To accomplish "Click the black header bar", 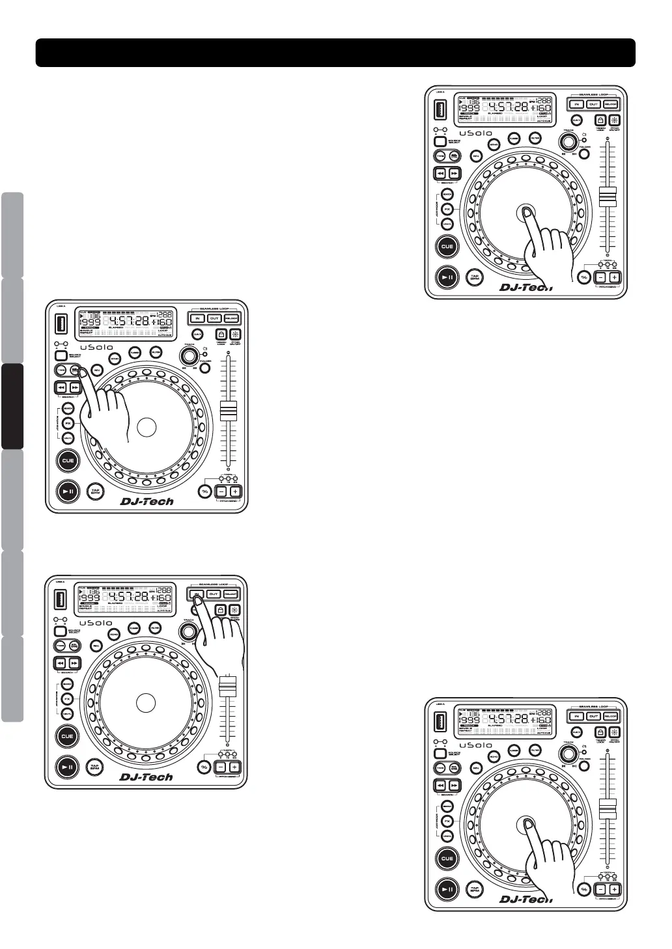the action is (335, 53).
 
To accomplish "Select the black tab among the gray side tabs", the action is (12, 406).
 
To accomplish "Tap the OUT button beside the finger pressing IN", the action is (214, 594).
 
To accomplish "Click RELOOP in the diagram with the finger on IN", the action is (231, 594).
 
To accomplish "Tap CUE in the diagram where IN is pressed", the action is (68, 736).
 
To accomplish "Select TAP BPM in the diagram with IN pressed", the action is (95, 767).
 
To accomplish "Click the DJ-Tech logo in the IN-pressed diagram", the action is (147, 777).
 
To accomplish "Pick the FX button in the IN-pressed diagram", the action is (68, 698).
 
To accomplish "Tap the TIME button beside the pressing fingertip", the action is (61, 370).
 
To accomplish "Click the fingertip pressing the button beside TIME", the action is (76, 372).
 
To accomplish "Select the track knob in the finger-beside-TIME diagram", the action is (189, 356).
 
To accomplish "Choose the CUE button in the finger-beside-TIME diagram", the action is (68, 461).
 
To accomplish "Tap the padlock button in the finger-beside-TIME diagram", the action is (221, 334).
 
